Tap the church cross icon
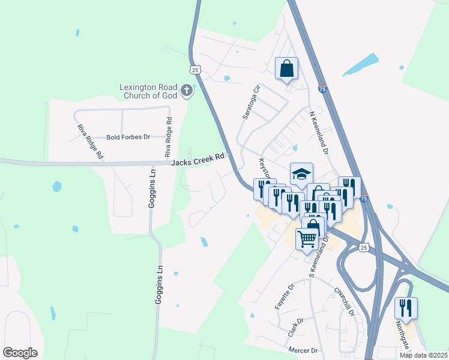[187, 91]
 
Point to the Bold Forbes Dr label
[128, 137]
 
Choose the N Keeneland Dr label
[318, 133]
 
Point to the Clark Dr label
[294, 329]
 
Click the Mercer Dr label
[303, 350]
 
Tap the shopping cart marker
[307, 239]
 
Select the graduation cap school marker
[301, 174]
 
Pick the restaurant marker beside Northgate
[406, 308]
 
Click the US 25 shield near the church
[195, 70]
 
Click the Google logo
[20, 353]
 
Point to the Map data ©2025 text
[423, 355]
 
